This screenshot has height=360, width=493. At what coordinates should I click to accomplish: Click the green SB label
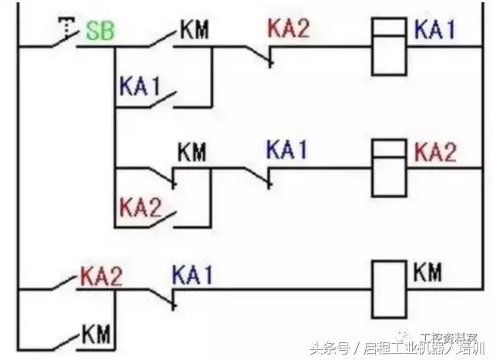pos(99,33)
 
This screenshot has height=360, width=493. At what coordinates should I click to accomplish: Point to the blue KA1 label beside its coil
pos(435,31)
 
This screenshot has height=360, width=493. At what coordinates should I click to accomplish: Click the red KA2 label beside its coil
pos(435,152)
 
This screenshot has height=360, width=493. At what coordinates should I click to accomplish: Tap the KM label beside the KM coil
pos(428,271)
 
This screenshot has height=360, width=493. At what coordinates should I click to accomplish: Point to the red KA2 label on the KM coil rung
pos(101,275)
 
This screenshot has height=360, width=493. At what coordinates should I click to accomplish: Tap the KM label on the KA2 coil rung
pos(193,151)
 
